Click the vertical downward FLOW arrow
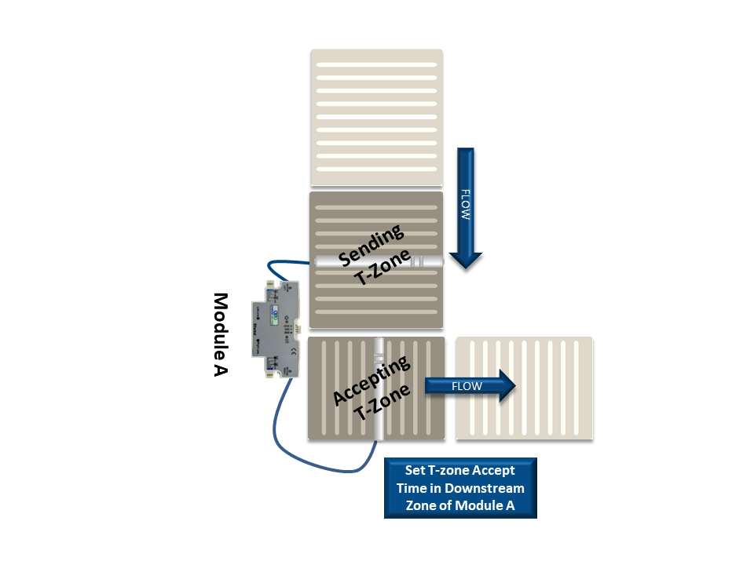[465, 208]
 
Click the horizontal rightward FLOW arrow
[470, 386]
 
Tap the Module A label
[221, 334]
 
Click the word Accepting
[371, 382]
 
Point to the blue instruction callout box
[460, 488]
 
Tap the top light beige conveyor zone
[376, 118]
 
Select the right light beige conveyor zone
[524, 388]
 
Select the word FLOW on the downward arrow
[465, 202]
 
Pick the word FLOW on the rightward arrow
[466, 386]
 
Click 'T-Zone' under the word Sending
[380, 272]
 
